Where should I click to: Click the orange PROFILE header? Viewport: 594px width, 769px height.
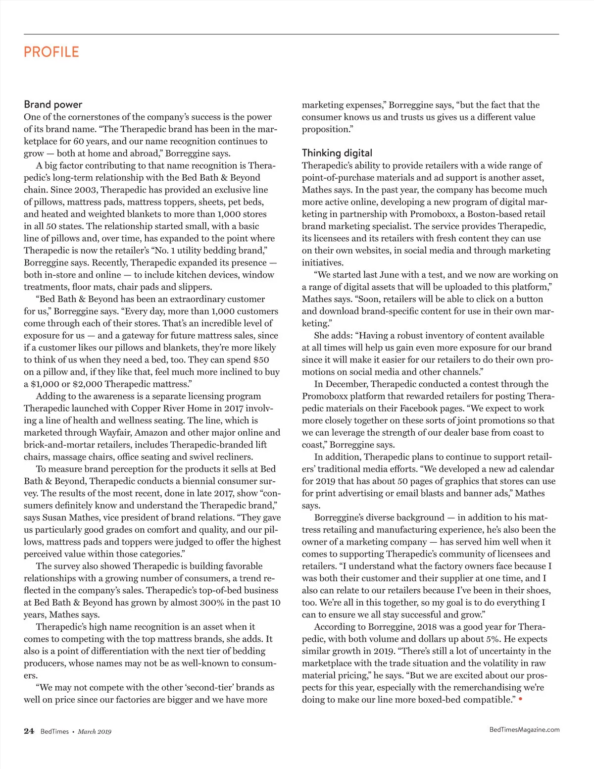point(51,52)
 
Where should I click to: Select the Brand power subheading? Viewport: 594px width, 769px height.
point(53,104)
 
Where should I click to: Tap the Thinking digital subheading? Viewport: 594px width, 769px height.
point(337,153)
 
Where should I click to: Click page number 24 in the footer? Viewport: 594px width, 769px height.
point(29,731)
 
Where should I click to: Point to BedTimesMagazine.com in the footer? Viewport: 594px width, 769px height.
point(524,729)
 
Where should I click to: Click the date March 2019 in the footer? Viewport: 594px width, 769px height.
point(95,732)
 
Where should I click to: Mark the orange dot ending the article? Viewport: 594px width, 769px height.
point(520,699)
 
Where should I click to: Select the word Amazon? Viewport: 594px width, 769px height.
point(151,433)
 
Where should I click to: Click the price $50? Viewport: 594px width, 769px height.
point(261,360)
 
